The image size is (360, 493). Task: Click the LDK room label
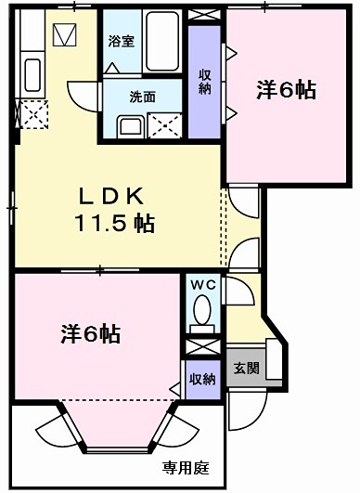click(109, 197)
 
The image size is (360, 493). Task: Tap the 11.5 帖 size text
click(114, 223)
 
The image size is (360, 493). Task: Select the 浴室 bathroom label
click(121, 41)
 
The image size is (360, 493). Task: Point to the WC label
click(202, 285)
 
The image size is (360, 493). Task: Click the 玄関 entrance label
click(246, 369)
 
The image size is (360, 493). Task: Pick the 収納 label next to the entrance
click(202, 379)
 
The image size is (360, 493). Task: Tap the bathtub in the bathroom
click(161, 43)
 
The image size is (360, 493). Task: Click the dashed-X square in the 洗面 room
click(168, 125)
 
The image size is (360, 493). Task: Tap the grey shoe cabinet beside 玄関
click(274, 357)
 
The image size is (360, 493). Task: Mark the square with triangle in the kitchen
click(66, 36)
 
